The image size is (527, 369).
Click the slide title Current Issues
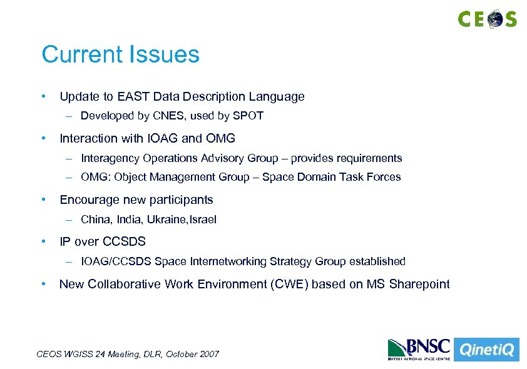(x=120, y=54)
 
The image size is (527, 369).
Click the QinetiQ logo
(x=486, y=350)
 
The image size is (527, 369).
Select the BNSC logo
(x=417, y=349)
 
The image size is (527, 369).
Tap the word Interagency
(x=110, y=158)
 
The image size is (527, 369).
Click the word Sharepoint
(x=419, y=285)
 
